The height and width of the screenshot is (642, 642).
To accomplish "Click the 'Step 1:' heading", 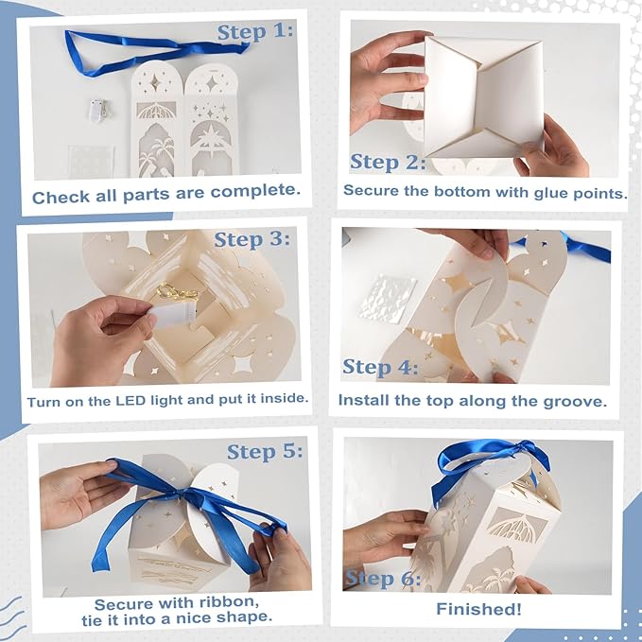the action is point(255,32).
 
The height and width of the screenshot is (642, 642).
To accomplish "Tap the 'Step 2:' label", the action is point(388,162).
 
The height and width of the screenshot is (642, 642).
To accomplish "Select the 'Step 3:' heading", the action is point(252,239).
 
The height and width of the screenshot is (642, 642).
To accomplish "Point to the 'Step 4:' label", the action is point(380,367).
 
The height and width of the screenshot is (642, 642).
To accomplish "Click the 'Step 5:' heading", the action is point(265,452).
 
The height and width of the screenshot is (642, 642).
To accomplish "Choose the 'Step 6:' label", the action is point(383,579).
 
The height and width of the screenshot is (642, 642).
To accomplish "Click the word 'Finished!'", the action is point(478,609).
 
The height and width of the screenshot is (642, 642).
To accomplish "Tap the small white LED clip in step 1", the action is point(98,110).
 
